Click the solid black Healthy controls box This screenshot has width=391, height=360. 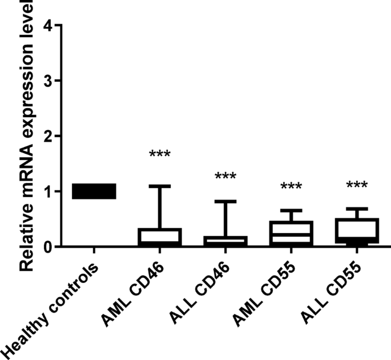pyautogui.click(x=94, y=191)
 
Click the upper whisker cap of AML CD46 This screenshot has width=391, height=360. pyautogui.click(x=160, y=186)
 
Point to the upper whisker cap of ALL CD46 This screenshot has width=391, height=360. pyautogui.click(x=225, y=201)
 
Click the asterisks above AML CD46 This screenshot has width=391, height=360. pyautogui.click(x=160, y=155)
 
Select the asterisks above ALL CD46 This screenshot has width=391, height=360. pyautogui.click(x=225, y=177)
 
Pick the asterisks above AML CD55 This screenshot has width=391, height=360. pyautogui.click(x=291, y=187)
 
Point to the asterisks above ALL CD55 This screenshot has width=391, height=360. pyautogui.click(x=356, y=186)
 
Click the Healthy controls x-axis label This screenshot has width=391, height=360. pyautogui.click(x=51, y=309)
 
